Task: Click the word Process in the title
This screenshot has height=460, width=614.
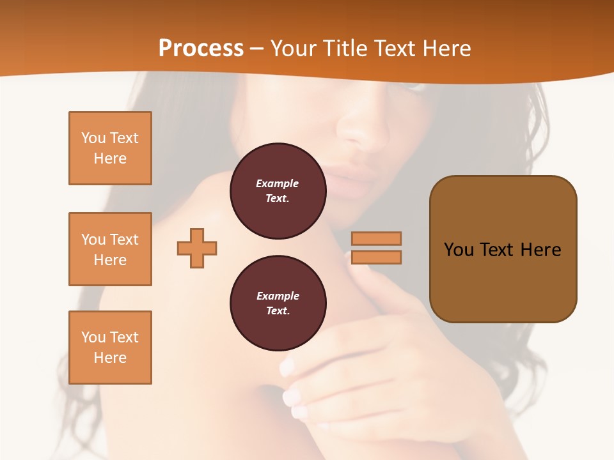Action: [x=201, y=49]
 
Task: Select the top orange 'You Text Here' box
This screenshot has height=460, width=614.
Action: [x=110, y=148]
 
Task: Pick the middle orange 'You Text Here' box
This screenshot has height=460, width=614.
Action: [x=110, y=249]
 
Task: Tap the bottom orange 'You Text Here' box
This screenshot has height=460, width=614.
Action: [x=110, y=348]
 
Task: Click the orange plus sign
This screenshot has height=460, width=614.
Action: [x=197, y=248]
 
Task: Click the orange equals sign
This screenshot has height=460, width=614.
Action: [x=377, y=248]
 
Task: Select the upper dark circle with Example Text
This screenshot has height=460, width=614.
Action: [x=278, y=191]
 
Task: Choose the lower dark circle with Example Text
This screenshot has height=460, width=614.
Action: [x=278, y=303]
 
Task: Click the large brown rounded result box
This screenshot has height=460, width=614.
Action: [x=503, y=249]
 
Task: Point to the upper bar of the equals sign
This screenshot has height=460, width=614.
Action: [x=377, y=238]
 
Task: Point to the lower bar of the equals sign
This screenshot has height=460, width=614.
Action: [x=377, y=257]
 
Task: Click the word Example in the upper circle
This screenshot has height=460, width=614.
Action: [x=278, y=184]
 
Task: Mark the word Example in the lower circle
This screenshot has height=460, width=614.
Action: [x=278, y=296]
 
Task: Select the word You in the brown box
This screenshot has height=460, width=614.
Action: [x=459, y=250]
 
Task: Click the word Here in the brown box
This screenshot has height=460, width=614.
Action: [x=540, y=250]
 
